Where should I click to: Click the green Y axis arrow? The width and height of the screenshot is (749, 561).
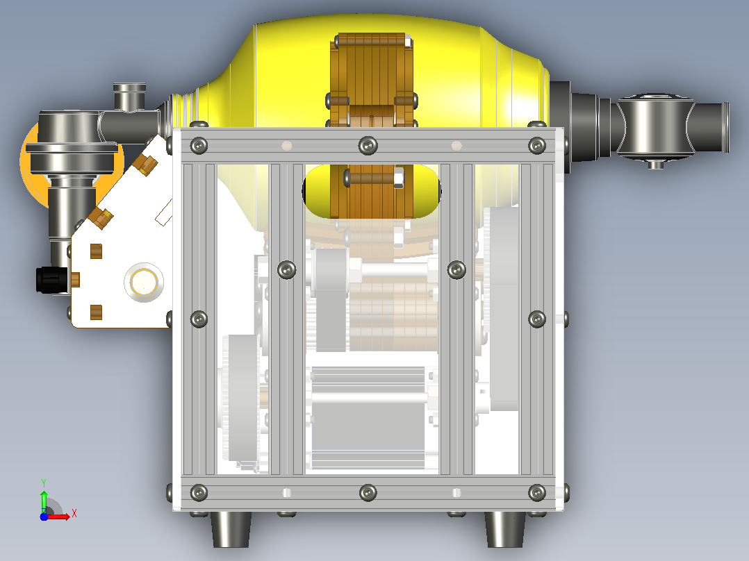pyautogui.click(x=44, y=496)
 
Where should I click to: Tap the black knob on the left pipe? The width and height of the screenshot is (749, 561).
pyautogui.click(x=51, y=280)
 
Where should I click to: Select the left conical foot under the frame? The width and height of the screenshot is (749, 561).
pyautogui.click(x=231, y=530)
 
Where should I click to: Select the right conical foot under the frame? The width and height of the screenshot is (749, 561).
pyautogui.click(x=505, y=530)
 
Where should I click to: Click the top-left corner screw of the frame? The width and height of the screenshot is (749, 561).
pyautogui.click(x=199, y=145)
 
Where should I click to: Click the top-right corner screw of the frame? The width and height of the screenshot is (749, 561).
pyautogui.click(x=537, y=145)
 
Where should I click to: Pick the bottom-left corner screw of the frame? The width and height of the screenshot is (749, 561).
pyautogui.click(x=199, y=493)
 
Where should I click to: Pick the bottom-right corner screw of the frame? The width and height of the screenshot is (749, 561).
pyautogui.click(x=537, y=493)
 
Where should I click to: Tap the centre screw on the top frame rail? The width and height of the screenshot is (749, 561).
pyautogui.click(x=368, y=145)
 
